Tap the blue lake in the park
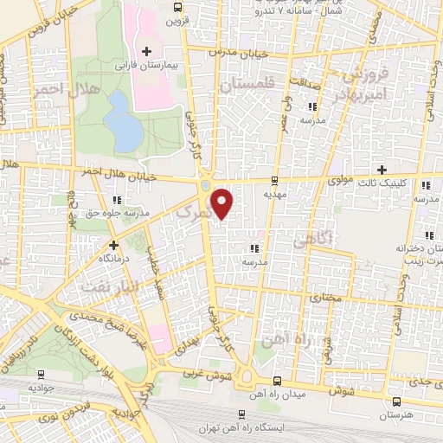[125, 120]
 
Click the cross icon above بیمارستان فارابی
[145, 53]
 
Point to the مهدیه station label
[274, 195]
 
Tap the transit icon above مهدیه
[274, 182]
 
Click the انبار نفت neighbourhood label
[101, 284]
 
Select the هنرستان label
[396, 415]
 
